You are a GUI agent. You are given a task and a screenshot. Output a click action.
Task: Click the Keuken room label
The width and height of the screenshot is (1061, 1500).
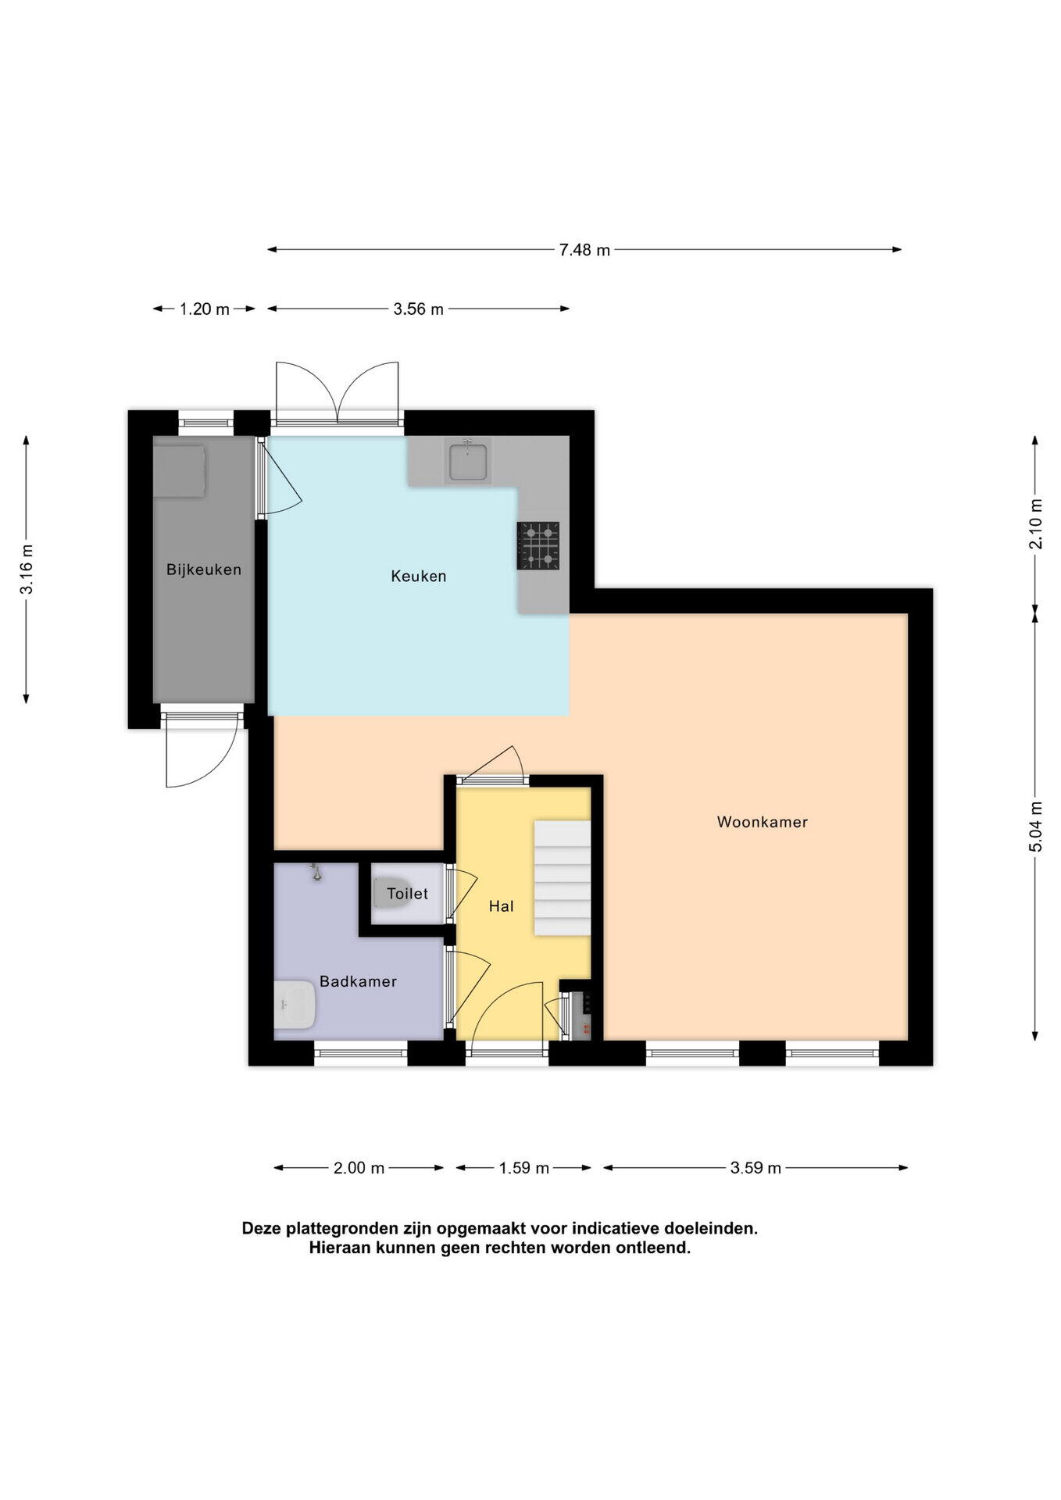point(419,577)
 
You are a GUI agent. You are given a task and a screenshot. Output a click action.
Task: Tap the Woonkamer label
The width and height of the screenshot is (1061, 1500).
point(763,822)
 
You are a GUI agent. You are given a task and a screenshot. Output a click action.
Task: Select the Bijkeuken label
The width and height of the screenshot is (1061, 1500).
point(204,570)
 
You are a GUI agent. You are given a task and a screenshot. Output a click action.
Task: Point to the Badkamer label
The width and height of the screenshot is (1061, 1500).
point(359,981)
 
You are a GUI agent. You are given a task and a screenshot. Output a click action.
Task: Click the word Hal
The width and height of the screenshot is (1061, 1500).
point(502,906)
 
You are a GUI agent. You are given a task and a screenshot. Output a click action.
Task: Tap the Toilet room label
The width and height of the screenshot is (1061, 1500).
point(408,894)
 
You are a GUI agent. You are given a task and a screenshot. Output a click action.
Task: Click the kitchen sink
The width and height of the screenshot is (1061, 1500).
point(468,460)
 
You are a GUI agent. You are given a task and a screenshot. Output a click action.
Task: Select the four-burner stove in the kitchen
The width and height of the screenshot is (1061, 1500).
point(538,545)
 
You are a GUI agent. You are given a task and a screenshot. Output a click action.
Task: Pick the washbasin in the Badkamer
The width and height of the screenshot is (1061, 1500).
point(295,1005)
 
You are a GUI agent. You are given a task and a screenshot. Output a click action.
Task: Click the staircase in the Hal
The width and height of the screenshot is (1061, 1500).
point(562,878)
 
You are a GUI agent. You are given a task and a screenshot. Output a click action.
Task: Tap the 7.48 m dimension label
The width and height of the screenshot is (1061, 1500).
point(584,250)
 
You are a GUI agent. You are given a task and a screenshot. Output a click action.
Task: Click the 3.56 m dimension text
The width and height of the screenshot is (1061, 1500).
point(419,309)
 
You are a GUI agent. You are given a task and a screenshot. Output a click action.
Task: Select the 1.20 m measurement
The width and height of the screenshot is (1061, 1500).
point(205,309)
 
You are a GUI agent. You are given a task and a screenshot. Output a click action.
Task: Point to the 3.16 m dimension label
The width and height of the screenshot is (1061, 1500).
point(27,569)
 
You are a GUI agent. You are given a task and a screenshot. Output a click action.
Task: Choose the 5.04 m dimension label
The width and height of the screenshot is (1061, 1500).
point(1036,828)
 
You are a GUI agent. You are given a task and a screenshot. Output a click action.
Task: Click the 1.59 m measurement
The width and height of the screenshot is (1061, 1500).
point(524,1168)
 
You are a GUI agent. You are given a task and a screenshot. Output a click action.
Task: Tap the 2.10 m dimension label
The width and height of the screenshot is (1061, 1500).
point(1036,523)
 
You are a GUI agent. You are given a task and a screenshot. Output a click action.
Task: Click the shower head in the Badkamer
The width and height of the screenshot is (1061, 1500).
point(316,873)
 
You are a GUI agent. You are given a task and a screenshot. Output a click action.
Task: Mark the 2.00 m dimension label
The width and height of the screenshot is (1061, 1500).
point(359,1168)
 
